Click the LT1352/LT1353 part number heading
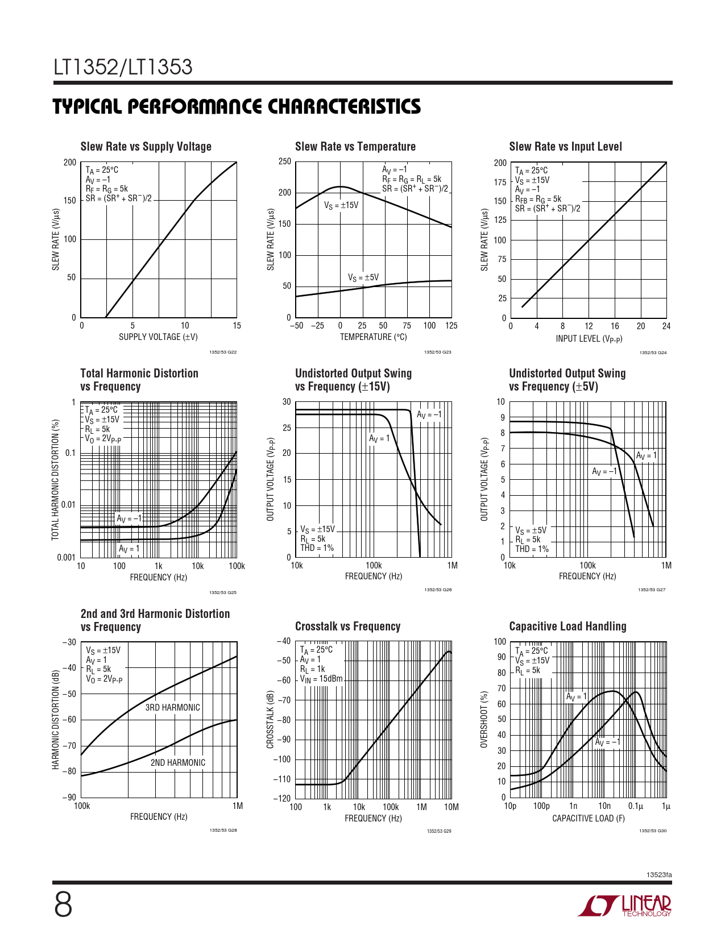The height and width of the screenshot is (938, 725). tap(123, 68)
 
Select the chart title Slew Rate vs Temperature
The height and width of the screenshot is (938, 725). tap(355, 147)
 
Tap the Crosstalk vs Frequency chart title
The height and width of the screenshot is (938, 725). tap(347, 626)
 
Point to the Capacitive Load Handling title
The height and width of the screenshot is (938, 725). tap(567, 626)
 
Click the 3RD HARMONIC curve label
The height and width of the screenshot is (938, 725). tap(172, 708)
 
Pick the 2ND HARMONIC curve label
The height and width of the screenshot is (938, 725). tap(178, 763)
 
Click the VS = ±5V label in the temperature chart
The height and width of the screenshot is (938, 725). tap(363, 277)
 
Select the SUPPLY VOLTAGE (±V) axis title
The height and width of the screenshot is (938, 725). tap(158, 337)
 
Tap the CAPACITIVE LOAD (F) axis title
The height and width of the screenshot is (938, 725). tap(588, 819)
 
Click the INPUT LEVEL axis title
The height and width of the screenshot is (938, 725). tap(589, 339)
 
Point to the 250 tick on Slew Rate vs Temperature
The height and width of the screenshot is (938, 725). tap(285, 161)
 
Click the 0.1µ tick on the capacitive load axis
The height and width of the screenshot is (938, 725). tap(635, 806)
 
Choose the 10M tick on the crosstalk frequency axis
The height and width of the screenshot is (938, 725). tap(451, 807)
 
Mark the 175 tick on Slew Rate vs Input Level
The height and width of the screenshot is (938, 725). tap(500, 182)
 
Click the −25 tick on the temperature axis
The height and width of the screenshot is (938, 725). tap(317, 326)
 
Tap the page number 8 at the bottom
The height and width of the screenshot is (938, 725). tap(63, 906)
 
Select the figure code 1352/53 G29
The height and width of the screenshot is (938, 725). tap(439, 832)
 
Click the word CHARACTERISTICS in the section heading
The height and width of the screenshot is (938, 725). tap(344, 107)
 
